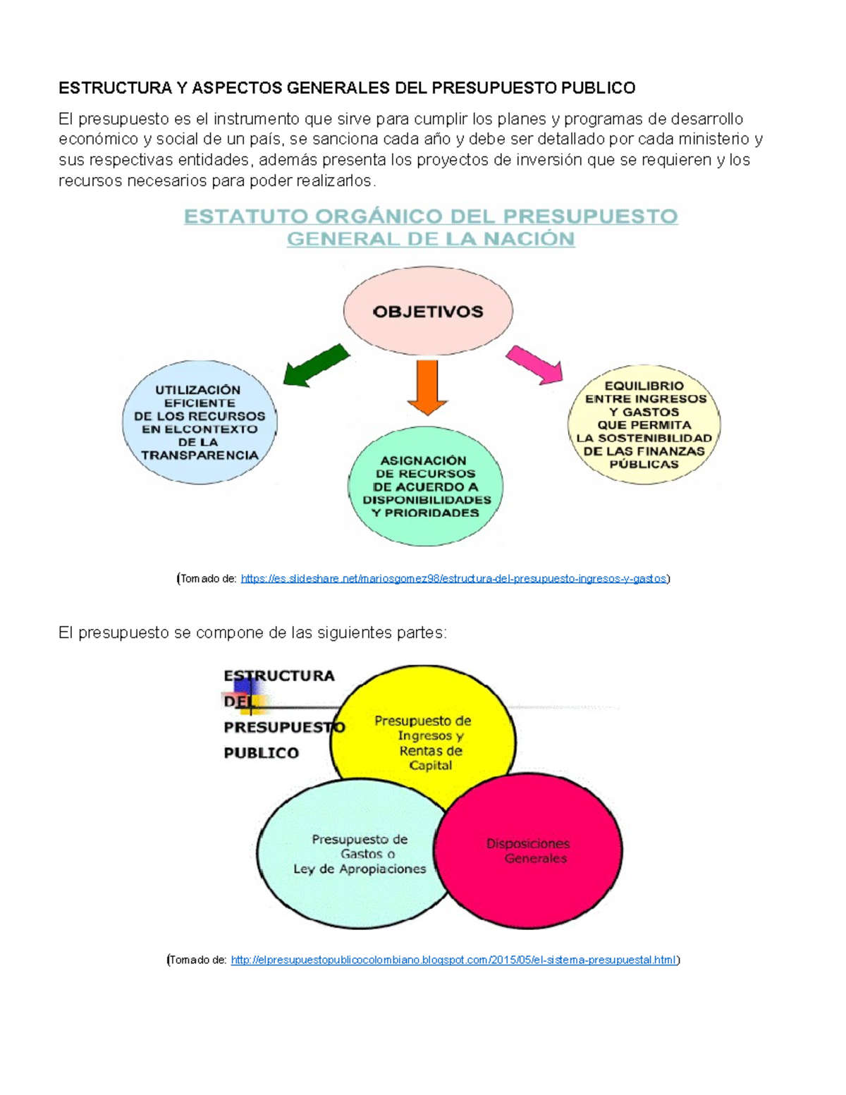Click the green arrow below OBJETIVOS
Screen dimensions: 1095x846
pyautogui.click(x=315, y=365)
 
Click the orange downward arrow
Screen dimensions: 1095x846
pyautogui.click(x=427, y=386)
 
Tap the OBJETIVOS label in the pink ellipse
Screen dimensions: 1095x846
pyautogui.click(x=428, y=312)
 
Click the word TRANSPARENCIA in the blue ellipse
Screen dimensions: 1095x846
pyautogui.click(x=200, y=455)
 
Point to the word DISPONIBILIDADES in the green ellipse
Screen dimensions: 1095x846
pyautogui.click(x=427, y=500)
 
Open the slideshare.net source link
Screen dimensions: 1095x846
pyautogui.click(x=453, y=579)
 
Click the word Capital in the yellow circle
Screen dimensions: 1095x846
pyautogui.click(x=431, y=766)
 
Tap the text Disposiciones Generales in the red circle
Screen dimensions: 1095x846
pyautogui.click(x=529, y=851)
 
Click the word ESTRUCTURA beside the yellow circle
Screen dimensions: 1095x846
pyautogui.click(x=279, y=676)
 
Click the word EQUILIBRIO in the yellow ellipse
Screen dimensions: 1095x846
pyautogui.click(x=644, y=386)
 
